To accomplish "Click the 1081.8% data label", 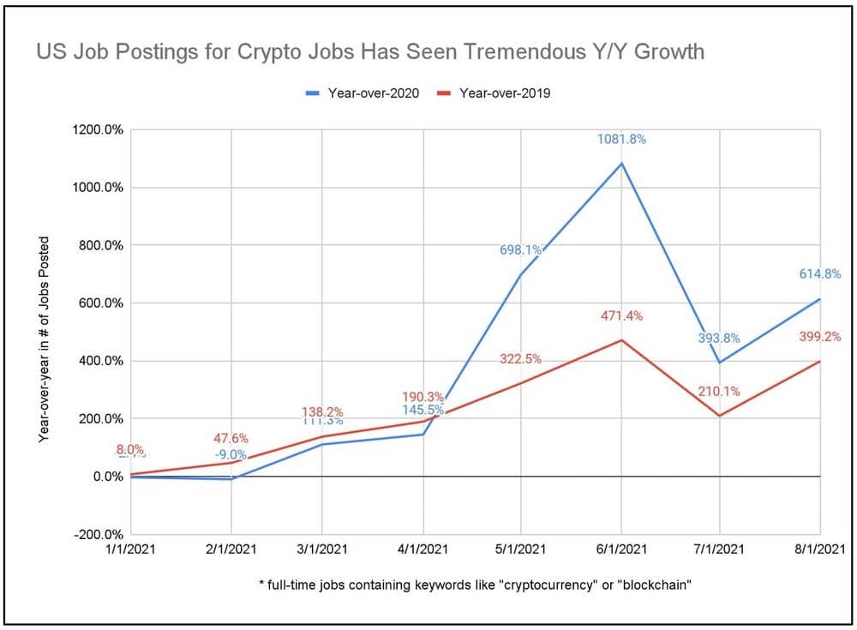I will (621, 139).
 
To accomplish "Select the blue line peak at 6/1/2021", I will (622, 163).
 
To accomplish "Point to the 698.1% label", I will (521, 250).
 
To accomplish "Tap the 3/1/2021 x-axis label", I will (321, 549).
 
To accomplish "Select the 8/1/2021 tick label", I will (820, 549).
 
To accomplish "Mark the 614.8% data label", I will (820, 274).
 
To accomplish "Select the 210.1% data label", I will (719, 393).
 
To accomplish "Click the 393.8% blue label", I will (718, 339).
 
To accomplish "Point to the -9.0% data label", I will (231, 455).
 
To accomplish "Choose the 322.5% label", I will (521, 359).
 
